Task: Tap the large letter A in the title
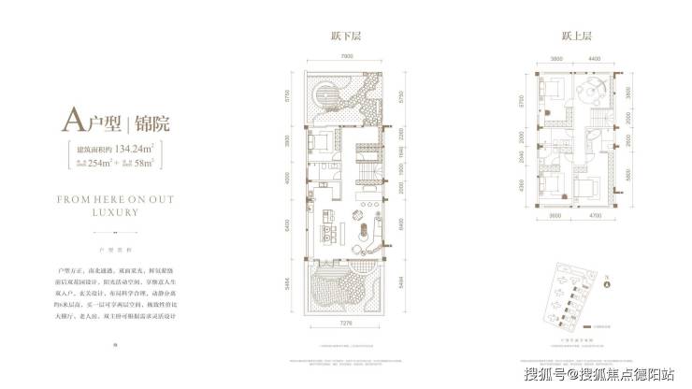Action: pyautogui.click(x=73, y=120)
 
